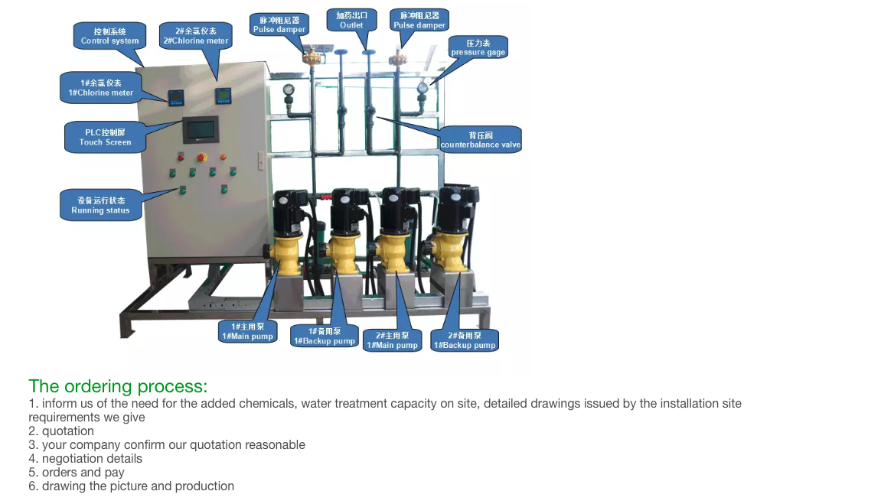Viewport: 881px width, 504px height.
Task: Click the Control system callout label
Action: click(x=109, y=36)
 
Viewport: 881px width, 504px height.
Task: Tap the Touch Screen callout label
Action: click(x=105, y=137)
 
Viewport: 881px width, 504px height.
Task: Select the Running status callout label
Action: click(x=100, y=206)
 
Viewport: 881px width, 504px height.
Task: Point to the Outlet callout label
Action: click(x=351, y=20)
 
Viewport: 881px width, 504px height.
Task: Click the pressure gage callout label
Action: click(x=478, y=47)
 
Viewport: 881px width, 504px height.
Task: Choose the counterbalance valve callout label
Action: click(x=481, y=140)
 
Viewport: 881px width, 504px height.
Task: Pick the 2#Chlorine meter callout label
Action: click(x=195, y=36)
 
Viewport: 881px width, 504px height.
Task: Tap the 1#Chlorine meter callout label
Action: click(x=100, y=87)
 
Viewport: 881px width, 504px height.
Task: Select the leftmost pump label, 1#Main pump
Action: click(x=247, y=331)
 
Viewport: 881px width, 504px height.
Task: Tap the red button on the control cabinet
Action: click(x=203, y=158)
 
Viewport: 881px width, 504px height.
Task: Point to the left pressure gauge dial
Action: click(x=289, y=89)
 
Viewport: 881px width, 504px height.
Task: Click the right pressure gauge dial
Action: click(x=422, y=88)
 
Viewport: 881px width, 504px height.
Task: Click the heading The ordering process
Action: click(x=118, y=386)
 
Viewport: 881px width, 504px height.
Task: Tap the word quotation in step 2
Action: click(x=68, y=431)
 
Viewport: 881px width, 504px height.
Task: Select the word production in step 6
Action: click(x=204, y=486)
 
